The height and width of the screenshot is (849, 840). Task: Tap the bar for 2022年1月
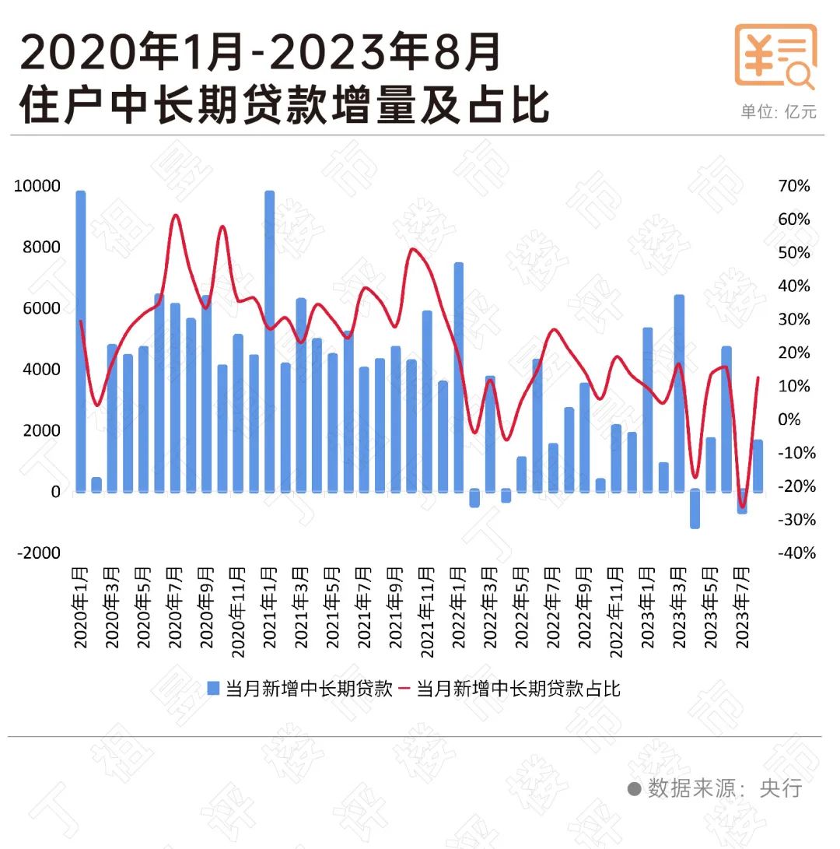tap(459, 377)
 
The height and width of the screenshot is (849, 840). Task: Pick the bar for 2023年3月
tap(679, 393)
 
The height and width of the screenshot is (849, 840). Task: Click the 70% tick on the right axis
tap(793, 186)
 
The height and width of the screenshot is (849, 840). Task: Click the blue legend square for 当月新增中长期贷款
tap(214, 689)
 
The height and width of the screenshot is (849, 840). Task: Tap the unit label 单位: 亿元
tap(779, 112)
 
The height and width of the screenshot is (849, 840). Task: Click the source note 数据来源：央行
tap(724, 788)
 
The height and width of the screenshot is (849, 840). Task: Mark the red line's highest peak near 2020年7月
tap(175, 216)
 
